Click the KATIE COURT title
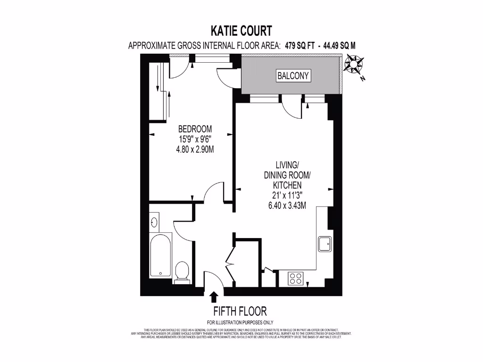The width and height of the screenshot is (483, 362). pos(241,31)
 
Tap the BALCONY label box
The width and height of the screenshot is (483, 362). pos(293,75)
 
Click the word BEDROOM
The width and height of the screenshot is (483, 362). pos(195,129)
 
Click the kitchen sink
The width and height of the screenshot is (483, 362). pos(325,244)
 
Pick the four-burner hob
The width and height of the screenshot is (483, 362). pos(296,279)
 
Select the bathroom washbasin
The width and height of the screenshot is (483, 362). pos(154,222)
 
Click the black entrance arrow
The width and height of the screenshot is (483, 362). pos(214,296)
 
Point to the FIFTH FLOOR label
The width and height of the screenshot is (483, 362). pos(240,311)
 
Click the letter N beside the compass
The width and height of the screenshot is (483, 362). pos(362,80)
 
